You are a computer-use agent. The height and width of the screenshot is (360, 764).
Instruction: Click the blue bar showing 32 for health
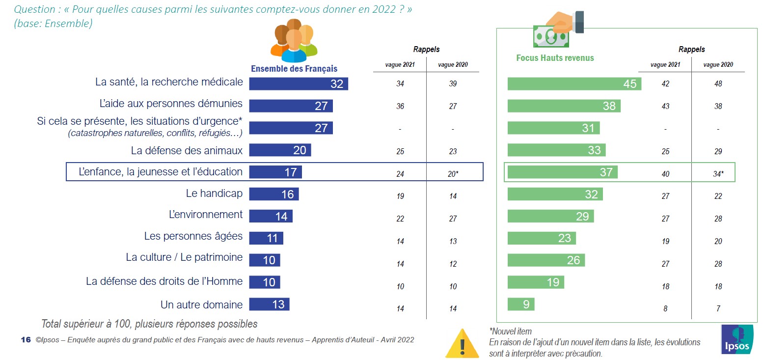[x=298, y=83]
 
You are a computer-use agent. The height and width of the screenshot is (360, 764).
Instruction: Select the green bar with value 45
[x=574, y=83]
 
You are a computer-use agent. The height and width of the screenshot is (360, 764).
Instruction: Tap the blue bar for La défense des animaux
[x=280, y=150]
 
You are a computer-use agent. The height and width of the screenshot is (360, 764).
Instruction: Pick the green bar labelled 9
[x=520, y=305]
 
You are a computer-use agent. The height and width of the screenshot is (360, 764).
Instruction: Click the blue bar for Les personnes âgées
[x=266, y=238]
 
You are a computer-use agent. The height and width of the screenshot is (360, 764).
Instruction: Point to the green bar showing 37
[x=562, y=172]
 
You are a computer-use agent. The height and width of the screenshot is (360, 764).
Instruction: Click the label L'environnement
[x=205, y=215]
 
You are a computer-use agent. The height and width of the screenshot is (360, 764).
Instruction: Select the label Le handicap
[x=214, y=194]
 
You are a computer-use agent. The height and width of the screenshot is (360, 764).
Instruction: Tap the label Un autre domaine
[x=201, y=305]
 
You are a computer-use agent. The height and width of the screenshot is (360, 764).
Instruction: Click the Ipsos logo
[x=737, y=339]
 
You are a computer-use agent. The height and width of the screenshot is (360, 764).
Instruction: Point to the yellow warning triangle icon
[x=462, y=342]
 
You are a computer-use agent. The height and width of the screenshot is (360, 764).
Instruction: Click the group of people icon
[x=294, y=41]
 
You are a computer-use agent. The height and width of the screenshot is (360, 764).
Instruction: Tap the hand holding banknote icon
[x=558, y=29]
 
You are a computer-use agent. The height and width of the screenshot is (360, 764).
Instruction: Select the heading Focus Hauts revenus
[x=555, y=58]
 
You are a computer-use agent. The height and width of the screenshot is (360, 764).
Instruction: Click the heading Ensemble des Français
[x=294, y=69]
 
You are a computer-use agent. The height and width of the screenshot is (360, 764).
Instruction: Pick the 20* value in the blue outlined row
[x=453, y=174]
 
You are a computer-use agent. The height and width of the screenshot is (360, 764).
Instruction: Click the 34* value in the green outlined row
[x=718, y=174]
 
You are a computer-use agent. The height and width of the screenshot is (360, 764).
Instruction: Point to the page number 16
[x=26, y=340]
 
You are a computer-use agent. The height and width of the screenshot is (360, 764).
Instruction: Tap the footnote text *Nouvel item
[x=510, y=331]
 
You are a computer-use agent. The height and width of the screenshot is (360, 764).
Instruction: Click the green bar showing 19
[x=536, y=282]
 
